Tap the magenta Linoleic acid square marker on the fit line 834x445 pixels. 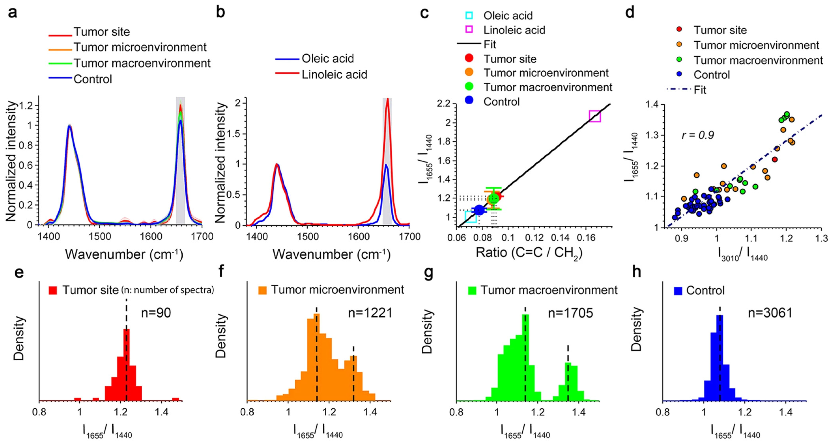595,116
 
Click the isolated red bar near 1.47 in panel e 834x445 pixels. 176,399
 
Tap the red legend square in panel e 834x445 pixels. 53,290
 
